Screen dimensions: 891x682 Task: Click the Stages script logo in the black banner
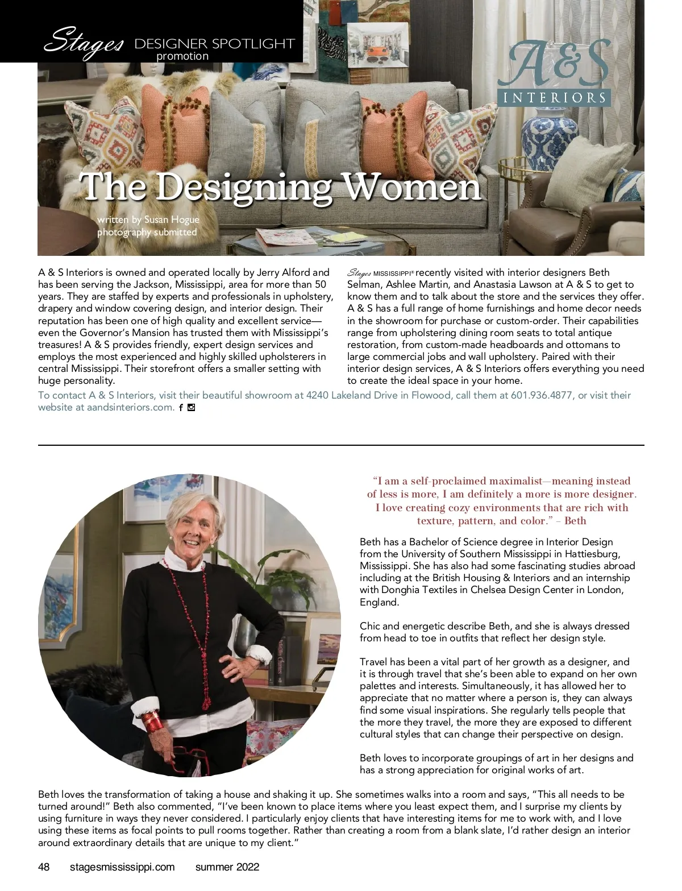tap(84, 42)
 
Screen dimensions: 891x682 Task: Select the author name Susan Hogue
tap(172, 219)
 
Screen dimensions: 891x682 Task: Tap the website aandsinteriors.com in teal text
tap(130, 407)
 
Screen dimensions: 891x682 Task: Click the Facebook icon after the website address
tap(181, 407)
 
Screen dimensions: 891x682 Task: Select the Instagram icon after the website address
tap(191, 407)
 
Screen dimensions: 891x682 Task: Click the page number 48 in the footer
tap(44, 867)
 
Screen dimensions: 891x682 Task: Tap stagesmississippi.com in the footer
tap(122, 867)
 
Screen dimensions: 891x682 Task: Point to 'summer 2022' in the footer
tap(227, 867)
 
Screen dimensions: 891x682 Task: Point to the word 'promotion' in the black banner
tap(182, 56)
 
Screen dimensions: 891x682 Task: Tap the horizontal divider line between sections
tap(341, 445)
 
